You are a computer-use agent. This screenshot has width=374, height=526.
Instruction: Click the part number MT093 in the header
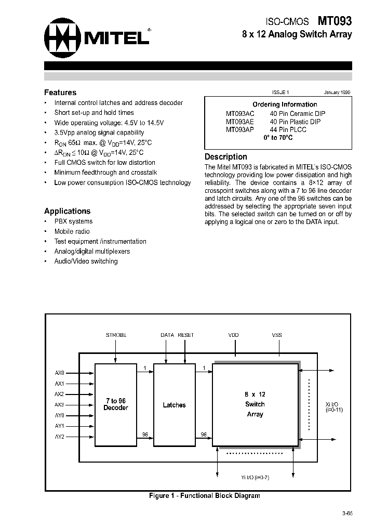[335, 21]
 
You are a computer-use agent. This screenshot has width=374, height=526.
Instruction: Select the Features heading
[60, 93]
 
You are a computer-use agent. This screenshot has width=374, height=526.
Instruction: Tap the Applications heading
[67, 211]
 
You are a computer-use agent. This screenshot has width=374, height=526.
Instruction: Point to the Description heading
[226, 156]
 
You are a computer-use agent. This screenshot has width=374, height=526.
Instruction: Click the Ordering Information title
[285, 104]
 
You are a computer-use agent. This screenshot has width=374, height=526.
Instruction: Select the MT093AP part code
[240, 129]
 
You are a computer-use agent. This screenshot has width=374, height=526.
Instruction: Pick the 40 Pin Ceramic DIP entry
[298, 113]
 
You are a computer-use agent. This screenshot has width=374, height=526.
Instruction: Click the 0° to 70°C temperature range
[278, 138]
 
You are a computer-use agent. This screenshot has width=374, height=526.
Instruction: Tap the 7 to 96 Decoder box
[115, 404]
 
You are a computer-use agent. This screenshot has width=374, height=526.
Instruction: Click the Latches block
[174, 405]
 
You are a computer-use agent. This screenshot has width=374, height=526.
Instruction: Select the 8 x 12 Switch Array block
[255, 404]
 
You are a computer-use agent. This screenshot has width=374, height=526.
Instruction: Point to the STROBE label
[116, 335]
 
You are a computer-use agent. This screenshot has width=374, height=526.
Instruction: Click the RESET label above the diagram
[185, 335]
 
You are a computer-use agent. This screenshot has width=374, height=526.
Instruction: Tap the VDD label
[234, 335]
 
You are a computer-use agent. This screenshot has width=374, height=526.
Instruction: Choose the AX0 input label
[59, 373]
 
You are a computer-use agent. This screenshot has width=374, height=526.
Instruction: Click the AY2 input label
[59, 437]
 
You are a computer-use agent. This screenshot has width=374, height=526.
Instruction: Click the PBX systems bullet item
[73, 221]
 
